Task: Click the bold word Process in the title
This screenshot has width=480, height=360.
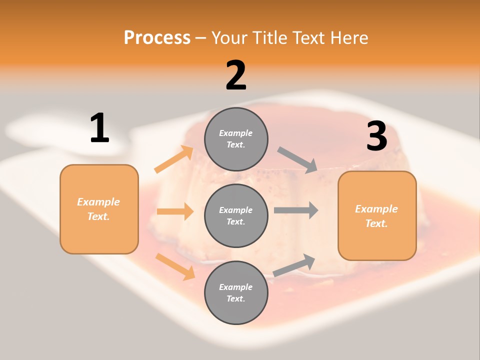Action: [x=157, y=37]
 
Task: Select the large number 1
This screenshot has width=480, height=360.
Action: [x=99, y=128]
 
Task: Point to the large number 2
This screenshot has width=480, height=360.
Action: [x=236, y=75]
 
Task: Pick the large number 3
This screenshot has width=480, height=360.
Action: [x=376, y=136]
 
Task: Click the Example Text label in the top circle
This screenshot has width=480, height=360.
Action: [x=236, y=139]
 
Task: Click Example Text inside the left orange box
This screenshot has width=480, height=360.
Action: [x=98, y=209]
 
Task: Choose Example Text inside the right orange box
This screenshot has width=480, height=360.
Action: [x=376, y=216]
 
